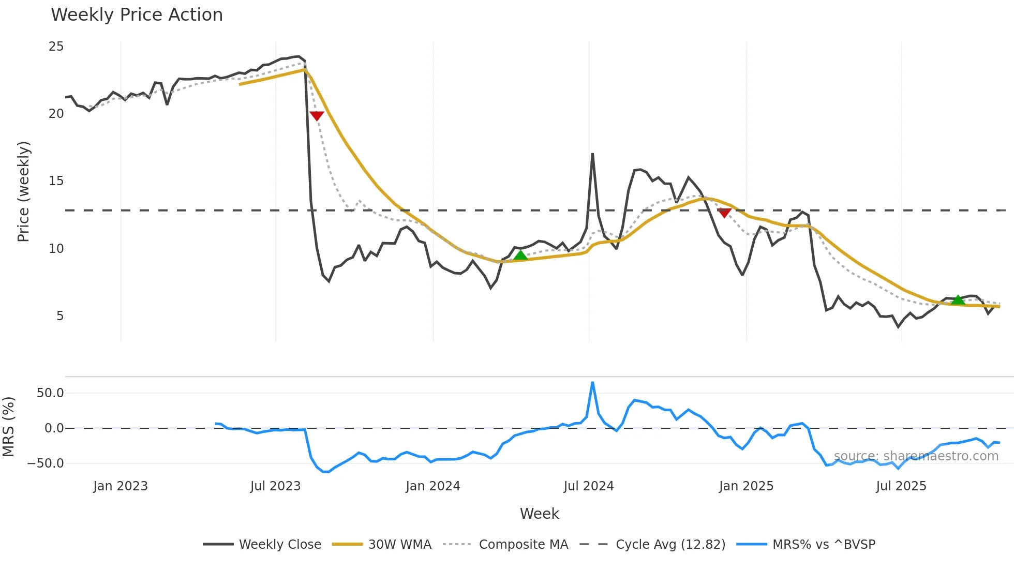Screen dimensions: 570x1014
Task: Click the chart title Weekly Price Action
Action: [137, 15]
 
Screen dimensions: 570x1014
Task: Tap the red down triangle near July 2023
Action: [317, 115]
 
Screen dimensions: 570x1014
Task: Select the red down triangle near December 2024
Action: [724, 213]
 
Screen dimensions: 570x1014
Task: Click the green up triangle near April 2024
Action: [520, 254]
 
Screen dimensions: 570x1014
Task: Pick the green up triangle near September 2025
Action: [958, 300]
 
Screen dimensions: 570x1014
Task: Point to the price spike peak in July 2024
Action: [592, 154]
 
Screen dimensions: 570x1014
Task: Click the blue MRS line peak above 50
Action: [592, 383]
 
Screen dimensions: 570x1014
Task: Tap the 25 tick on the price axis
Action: [56, 47]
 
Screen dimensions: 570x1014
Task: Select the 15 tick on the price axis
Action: [56, 181]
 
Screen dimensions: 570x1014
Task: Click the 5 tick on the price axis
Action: [60, 316]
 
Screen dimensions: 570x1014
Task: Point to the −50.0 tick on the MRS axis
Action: [46, 463]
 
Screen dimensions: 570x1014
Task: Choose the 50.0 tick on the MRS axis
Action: [50, 393]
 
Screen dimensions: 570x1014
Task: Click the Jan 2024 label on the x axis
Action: [433, 486]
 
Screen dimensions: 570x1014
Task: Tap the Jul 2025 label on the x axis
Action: [901, 486]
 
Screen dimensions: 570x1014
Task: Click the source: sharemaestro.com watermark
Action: [916, 456]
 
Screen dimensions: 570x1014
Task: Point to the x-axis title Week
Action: [539, 514]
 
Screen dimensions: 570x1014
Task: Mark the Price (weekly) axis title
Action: [24, 191]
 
